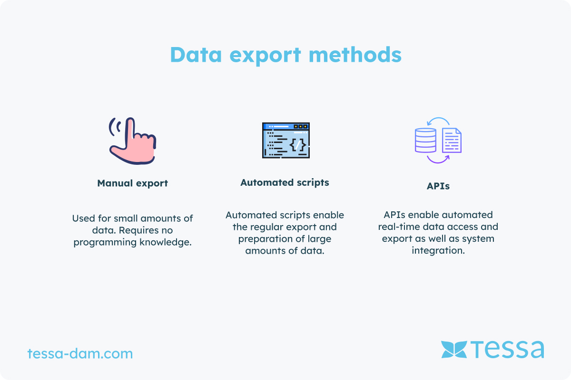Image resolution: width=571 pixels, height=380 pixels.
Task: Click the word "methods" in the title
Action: coord(355,55)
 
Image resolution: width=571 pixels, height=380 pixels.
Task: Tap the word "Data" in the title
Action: coord(196,55)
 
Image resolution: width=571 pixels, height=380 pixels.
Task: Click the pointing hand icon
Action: coord(133,141)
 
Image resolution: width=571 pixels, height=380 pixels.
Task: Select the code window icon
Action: coord(286,140)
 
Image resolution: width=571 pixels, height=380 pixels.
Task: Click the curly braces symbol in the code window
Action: coord(298,145)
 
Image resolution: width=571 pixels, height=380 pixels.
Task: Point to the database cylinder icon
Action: coord(425,140)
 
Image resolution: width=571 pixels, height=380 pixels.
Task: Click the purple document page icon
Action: coord(452,140)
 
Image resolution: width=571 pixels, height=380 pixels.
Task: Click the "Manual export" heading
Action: coord(133,183)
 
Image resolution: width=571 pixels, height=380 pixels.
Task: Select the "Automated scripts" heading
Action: coord(285,183)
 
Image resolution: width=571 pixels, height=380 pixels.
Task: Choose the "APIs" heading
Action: coord(438,186)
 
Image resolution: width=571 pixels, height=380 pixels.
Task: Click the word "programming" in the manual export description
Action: coord(105,242)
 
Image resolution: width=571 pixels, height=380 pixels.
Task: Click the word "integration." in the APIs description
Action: coord(438,251)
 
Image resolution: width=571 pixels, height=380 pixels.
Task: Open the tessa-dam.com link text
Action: coord(80,353)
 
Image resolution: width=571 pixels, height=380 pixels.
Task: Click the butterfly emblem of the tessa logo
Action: coord(454,350)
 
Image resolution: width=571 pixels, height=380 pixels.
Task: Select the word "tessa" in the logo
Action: coord(507,349)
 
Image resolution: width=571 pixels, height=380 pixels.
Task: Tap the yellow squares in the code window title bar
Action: coord(301,126)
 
